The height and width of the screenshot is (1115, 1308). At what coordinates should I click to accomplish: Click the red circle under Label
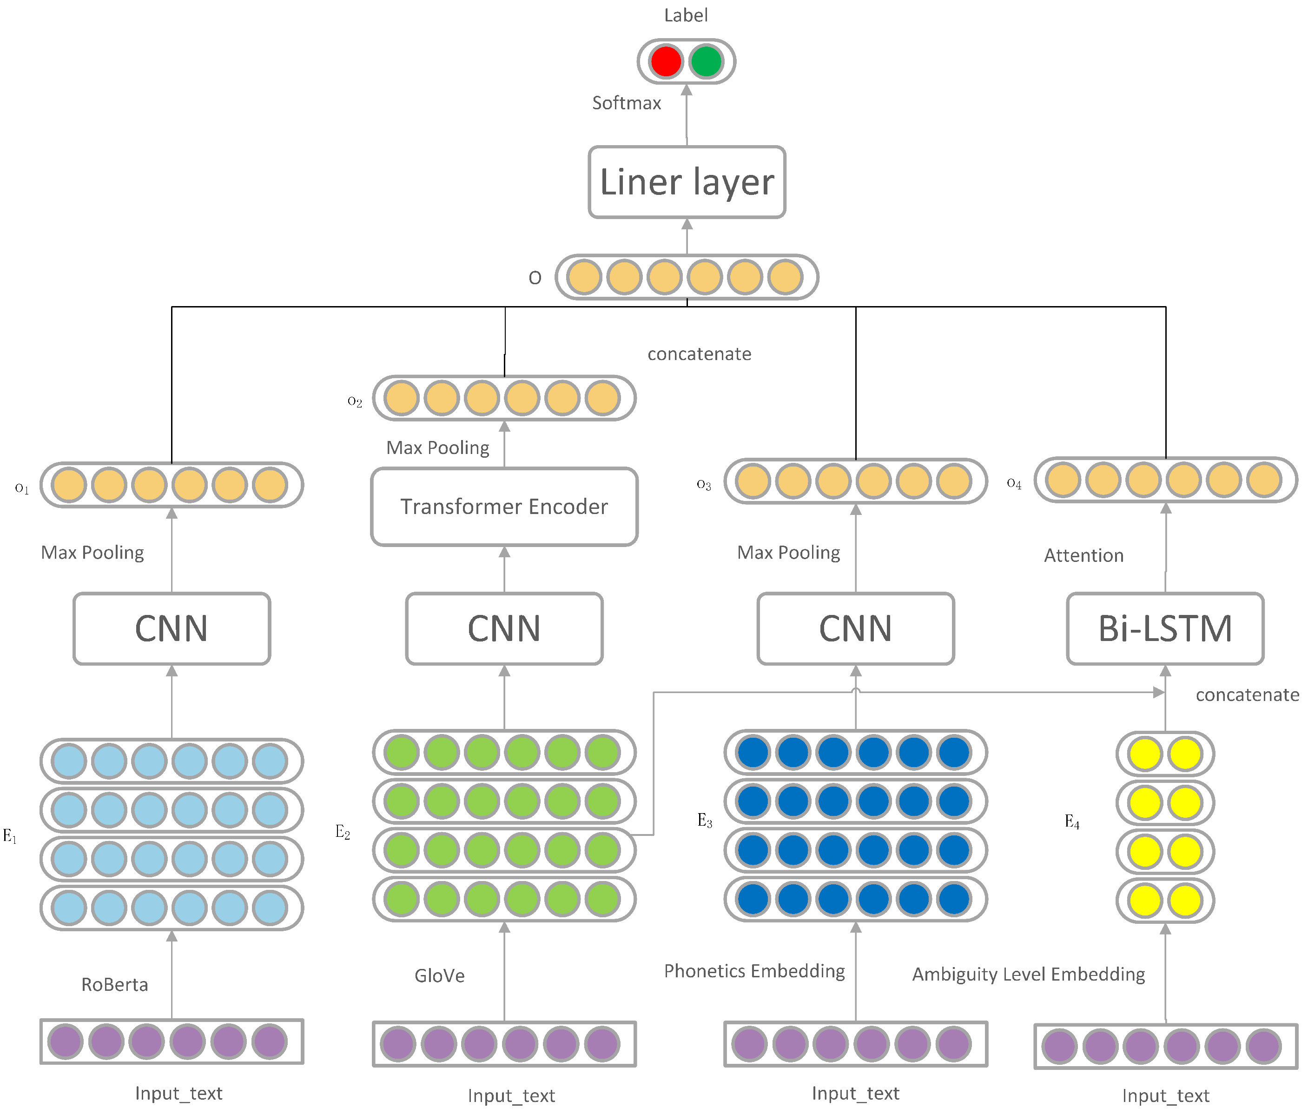[666, 61]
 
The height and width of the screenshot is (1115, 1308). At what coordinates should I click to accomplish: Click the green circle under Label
[706, 61]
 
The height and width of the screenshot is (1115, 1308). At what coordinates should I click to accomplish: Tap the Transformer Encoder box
[504, 507]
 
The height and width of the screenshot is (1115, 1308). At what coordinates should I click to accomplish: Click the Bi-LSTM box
[1165, 628]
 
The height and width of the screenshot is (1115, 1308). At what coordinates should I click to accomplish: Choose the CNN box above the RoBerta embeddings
[171, 628]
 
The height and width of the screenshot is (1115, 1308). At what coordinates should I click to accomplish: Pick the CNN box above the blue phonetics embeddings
[855, 628]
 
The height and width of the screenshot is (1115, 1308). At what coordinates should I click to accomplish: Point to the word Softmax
[626, 103]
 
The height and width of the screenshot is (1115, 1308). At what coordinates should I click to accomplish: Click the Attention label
[1083, 555]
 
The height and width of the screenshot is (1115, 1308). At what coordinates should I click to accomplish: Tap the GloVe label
[439, 975]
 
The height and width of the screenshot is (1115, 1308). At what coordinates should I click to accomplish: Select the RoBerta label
[114, 984]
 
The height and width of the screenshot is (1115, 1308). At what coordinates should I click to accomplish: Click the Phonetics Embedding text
[754, 970]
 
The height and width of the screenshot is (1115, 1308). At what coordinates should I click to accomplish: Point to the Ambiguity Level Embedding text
[1028, 974]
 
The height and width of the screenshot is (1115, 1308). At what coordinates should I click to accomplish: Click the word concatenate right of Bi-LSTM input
[1247, 695]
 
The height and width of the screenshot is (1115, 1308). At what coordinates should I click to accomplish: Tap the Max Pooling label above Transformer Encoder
[437, 447]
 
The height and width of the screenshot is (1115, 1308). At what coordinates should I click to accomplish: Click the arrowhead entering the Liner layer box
[687, 224]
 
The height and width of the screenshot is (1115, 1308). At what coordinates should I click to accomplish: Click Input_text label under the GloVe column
[511, 1095]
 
